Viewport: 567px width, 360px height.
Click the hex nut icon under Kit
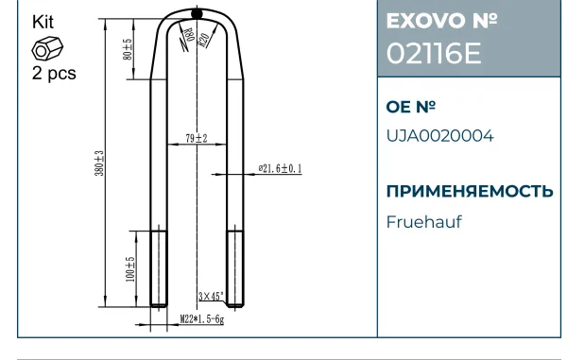(47, 48)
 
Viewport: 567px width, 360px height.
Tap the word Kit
(43, 22)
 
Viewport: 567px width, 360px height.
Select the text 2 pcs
(54, 74)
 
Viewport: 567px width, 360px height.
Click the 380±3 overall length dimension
(99, 163)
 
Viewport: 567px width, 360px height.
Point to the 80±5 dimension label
(128, 49)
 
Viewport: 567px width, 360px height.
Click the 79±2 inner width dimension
(197, 138)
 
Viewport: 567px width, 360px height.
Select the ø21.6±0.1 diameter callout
(281, 168)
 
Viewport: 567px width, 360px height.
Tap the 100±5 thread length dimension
(130, 269)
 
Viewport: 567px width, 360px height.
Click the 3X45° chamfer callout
(211, 297)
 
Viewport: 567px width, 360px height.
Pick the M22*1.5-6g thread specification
(202, 319)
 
